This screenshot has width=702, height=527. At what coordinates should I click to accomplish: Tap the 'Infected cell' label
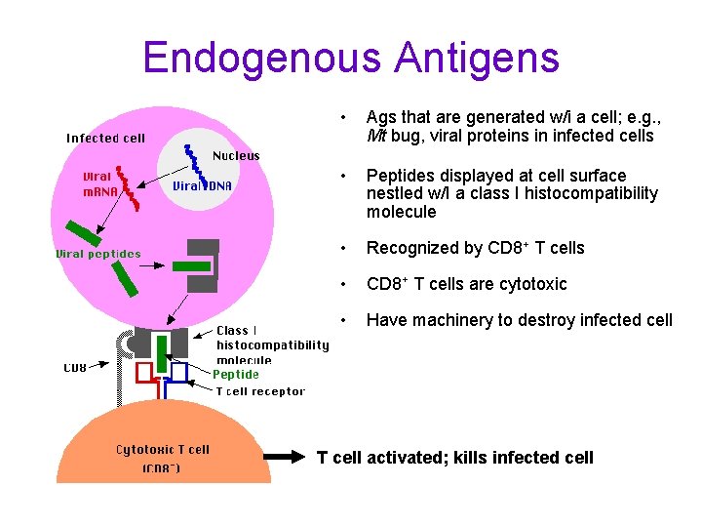click(x=105, y=138)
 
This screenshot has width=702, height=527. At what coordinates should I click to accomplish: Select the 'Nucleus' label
click(x=236, y=155)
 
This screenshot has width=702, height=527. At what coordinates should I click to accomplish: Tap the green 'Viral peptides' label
click(x=97, y=254)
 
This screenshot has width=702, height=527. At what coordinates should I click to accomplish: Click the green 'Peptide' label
click(x=236, y=374)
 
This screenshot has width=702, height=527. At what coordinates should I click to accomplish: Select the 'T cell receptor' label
click(x=260, y=391)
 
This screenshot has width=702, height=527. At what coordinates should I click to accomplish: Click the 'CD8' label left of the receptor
click(x=75, y=368)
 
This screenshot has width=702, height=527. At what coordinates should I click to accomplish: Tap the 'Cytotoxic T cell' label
click(x=163, y=450)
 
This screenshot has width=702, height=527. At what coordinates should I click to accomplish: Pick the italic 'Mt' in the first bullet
click(x=375, y=136)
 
